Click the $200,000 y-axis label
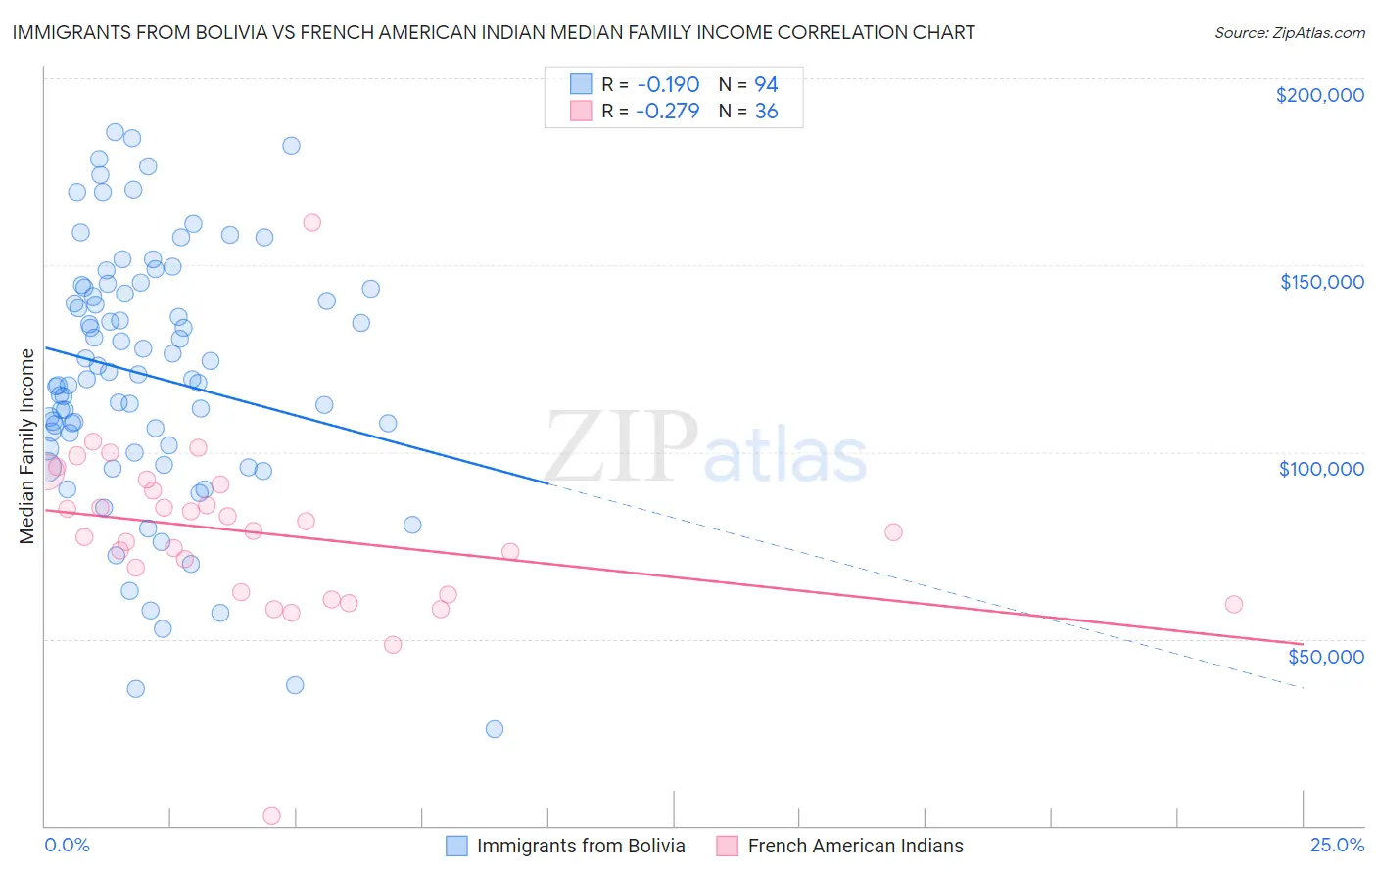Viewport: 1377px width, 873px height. (x=1319, y=95)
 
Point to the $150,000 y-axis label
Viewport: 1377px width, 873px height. (x=1321, y=282)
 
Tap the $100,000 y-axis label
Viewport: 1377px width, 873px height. (x=1321, y=469)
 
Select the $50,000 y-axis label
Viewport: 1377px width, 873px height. (x=1325, y=657)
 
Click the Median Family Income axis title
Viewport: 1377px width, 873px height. (x=27, y=445)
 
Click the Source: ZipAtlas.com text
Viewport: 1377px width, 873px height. (x=1289, y=32)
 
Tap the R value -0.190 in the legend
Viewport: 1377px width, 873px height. (x=667, y=84)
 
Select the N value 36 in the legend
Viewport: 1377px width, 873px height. (x=766, y=112)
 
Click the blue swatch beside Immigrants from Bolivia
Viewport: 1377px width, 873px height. (x=456, y=846)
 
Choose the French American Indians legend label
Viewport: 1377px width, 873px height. (x=855, y=846)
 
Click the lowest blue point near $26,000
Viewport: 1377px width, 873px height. (x=495, y=729)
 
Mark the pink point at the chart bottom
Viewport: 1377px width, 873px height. (x=272, y=815)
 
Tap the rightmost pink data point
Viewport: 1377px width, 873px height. (x=1234, y=604)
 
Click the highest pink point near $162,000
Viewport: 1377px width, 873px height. (x=312, y=222)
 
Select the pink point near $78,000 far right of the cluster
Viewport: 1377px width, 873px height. (x=893, y=532)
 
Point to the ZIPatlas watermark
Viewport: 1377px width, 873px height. (x=705, y=448)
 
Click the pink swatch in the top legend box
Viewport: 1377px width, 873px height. (x=581, y=112)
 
